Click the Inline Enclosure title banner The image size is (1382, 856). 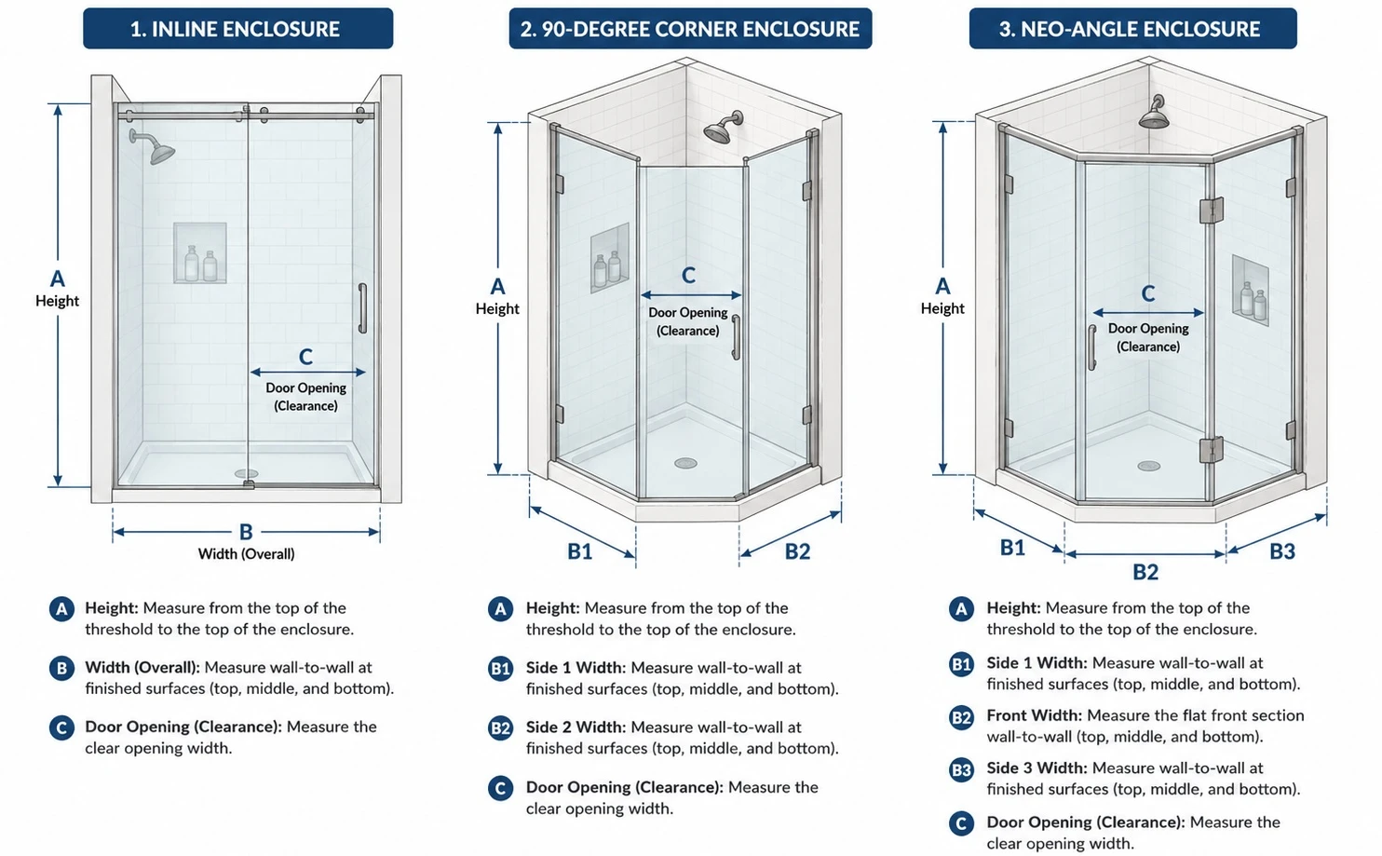(238, 28)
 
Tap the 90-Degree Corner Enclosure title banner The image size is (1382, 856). (690, 28)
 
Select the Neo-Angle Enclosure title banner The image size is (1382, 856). (1132, 28)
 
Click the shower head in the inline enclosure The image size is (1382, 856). (155, 147)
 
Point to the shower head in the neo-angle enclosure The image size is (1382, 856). (1155, 114)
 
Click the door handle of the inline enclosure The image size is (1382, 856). (363, 308)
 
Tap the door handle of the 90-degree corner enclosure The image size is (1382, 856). (736, 337)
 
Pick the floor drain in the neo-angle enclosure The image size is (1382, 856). (1148, 466)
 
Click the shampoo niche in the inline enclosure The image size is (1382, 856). (200, 253)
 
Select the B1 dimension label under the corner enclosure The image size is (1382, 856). (580, 551)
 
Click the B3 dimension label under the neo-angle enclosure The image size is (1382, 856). (1282, 551)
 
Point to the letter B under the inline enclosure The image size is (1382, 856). (246, 531)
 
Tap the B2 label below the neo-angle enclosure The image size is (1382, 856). (1145, 572)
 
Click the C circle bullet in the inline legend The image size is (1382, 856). (61, 728)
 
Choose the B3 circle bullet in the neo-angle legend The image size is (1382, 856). (961, 770)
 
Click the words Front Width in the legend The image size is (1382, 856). (1034, 715)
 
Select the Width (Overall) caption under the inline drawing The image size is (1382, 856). (246, 554)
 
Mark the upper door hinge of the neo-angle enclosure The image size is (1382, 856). (1212, 210)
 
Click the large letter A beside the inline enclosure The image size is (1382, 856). (58, 279)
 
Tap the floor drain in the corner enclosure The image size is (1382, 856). (685, 463)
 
